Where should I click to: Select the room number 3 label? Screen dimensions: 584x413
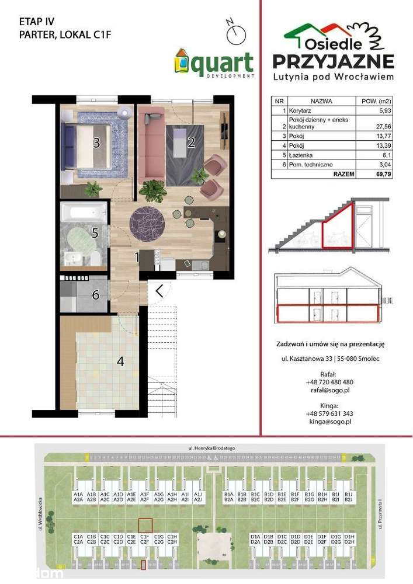coord(96,142)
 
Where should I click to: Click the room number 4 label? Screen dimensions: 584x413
coord(120,361)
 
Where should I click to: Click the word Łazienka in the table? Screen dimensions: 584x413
coord(297,155)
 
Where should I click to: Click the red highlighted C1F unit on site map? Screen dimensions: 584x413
coord(145,526)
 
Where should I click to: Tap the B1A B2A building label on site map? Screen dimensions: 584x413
coord(229,496)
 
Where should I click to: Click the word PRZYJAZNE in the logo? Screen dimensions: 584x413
coord(334,61)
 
